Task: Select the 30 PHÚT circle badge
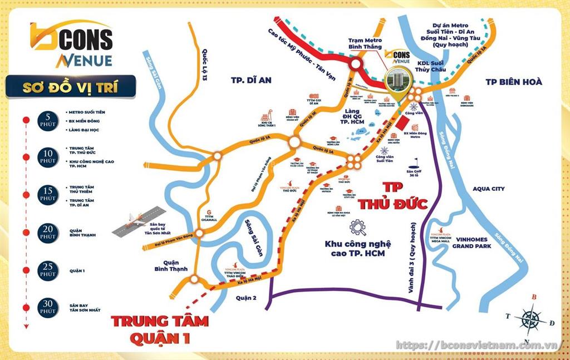(48, 307)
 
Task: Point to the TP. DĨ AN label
(251, 80)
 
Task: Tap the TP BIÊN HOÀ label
(513, 81)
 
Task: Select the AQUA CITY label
(488, 189)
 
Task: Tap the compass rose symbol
(529, 319)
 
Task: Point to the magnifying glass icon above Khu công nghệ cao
(357, 227)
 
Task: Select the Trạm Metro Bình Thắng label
(365, 43)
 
